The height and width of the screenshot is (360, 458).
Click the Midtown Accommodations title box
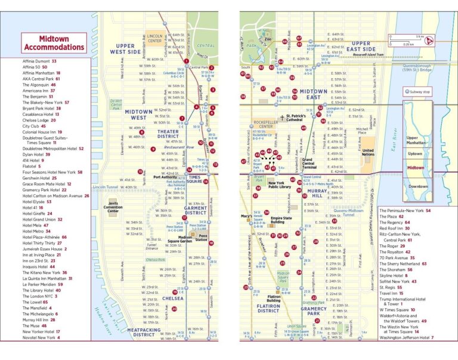point(46,43)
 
